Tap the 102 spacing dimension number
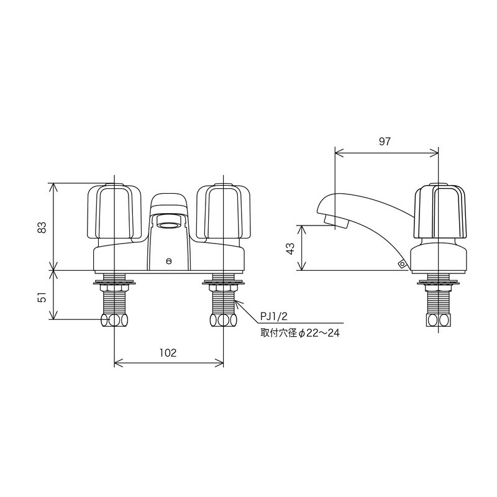tap(168, 353)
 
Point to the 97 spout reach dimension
tap(385, 141)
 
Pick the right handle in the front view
tap(223, 212)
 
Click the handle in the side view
tap(439, 212)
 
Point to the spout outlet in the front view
tap(169, 221)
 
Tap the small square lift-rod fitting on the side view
tap(402, 264)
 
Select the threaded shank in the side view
tap(439, 302)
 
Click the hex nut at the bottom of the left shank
tap(114, 320)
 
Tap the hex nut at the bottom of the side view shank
tap(439, 320)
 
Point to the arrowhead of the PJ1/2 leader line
tap(237, 304)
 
